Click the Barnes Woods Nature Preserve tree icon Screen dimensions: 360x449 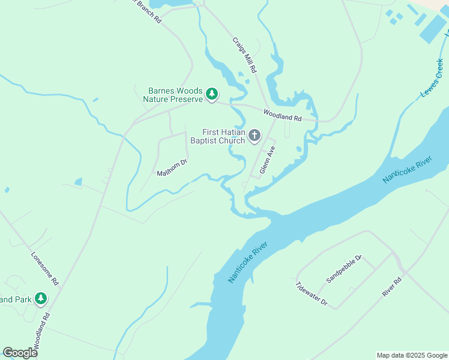211,94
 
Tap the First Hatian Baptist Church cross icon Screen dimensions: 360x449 255,136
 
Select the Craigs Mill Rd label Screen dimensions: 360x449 244,55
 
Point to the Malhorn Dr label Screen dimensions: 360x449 172,167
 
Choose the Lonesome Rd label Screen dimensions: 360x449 45,268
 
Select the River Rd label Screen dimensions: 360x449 391,287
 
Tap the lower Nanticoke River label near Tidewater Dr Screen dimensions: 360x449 247,262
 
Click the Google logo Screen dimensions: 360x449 20,353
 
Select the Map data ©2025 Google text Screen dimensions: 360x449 412,355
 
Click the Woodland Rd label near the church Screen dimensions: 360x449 282,114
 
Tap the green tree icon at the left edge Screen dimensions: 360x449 41,298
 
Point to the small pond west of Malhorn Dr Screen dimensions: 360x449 78,181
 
